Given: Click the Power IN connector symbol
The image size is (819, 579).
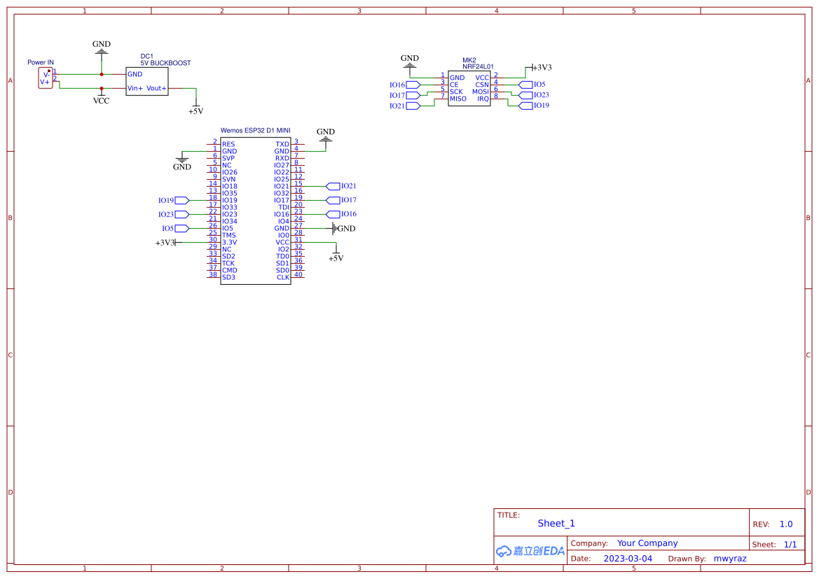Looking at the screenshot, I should [46, 78].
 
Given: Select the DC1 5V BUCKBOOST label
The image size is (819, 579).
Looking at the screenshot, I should [165, 60].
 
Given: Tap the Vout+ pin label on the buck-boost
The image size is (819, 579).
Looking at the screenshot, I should [156, 88].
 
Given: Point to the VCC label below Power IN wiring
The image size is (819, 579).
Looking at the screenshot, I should [102, 100].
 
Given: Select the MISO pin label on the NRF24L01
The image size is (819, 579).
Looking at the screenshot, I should [458, 99].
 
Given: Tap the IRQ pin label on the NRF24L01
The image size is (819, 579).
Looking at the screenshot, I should [483, 99].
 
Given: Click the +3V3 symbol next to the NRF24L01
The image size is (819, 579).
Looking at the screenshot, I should [540, 68].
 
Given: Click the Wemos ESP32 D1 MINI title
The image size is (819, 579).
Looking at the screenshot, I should [255, 130].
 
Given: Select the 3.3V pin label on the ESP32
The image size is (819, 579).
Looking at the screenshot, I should [230, 242].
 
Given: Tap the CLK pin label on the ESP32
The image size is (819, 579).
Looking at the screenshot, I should [282, 277].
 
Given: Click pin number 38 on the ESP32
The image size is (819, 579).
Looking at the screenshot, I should [213, 274].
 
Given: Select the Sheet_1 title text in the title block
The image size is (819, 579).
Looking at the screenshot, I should [556, 523].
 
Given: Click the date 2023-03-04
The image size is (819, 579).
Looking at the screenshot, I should [628, 559].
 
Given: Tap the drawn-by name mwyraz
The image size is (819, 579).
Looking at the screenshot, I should [730, 559].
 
